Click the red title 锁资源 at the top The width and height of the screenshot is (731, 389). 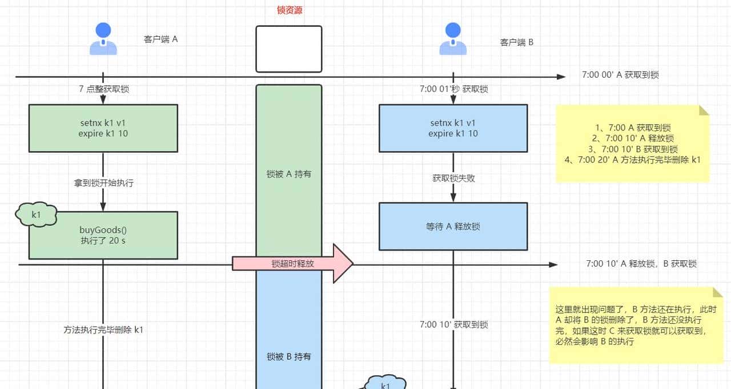click(x=289, y=10)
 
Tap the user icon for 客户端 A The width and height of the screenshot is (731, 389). click(x=103, y=39)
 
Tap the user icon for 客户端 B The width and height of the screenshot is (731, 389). click(x=453, y=39)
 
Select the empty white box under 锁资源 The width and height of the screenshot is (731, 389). click(x=289, y=49)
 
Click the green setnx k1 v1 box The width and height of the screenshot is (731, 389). click(x=103, y=128)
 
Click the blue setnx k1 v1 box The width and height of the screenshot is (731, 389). click(x=453, y=128)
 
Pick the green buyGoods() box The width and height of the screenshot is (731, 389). click(x=103, y=235)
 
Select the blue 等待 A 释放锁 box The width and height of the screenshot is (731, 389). click(x=453, y=227)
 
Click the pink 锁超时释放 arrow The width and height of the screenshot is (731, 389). click(x=293, y=264)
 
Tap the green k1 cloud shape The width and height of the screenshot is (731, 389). click(x=36, y=215)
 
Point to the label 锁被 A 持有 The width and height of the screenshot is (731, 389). click(x=289, y=174)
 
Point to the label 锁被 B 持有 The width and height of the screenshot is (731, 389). click(x=289, y=356)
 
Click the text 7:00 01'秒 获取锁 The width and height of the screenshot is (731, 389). click(x=453, y=89)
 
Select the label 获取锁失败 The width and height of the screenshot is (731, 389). click(x=453, y=178)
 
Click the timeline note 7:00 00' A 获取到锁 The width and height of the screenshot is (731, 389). click(x=620, y=75)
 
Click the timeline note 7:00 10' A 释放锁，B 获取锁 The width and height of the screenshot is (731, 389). click(x=641, y=264)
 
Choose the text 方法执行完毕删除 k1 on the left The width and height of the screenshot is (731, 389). click(x=103, y=330)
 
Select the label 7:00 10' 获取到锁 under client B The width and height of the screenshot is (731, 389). click(x=453, y=324)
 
